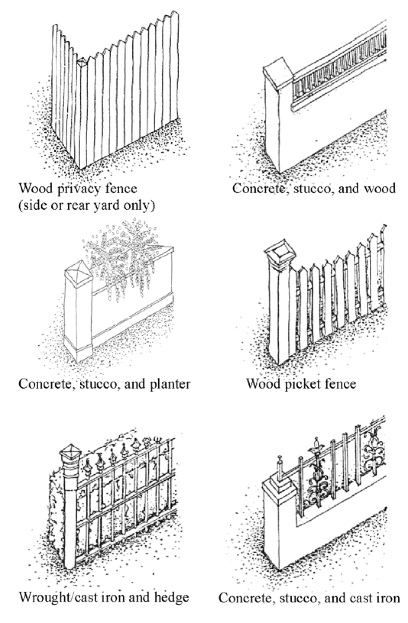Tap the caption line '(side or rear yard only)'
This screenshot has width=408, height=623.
(87, 205)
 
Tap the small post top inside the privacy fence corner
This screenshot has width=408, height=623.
(82, 62)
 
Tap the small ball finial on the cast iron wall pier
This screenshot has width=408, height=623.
(280, 458)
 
